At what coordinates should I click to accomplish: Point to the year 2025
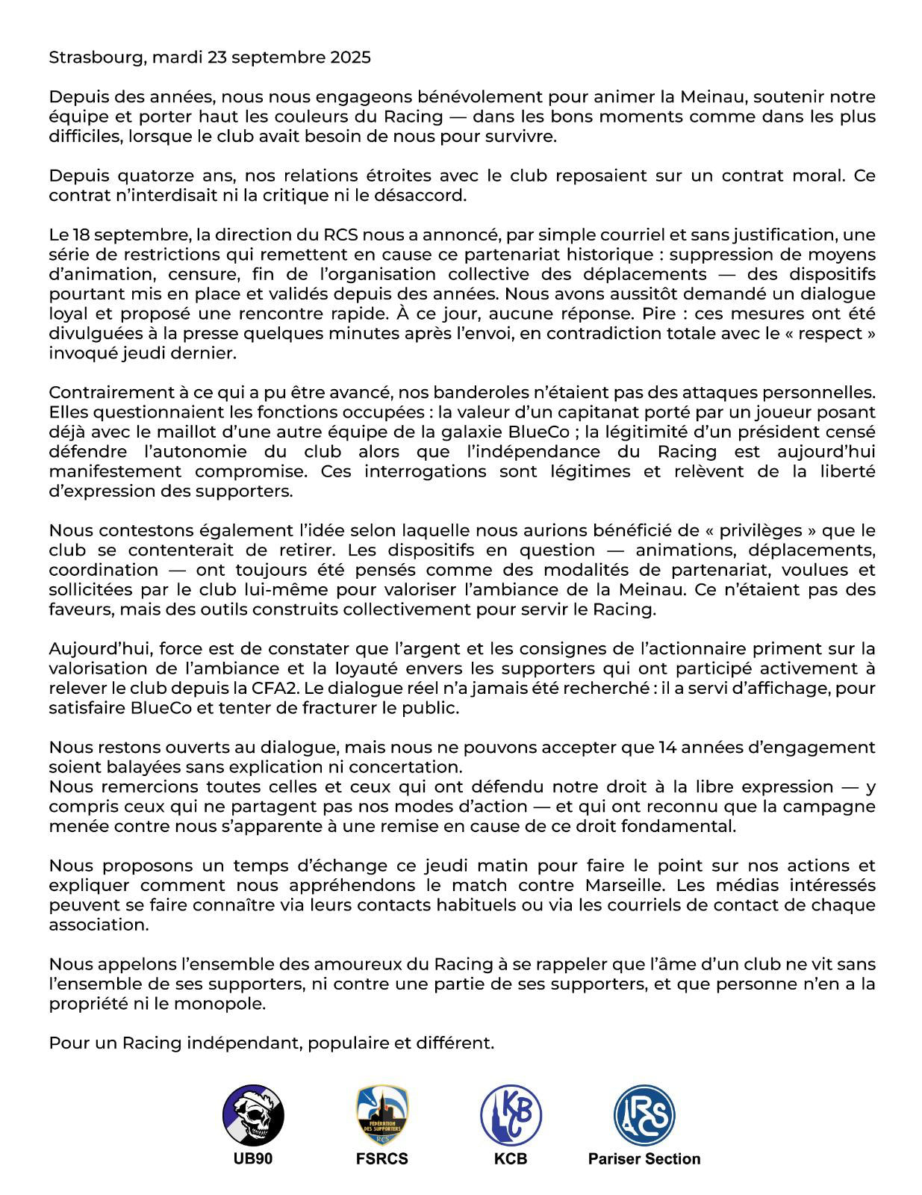(x=350, y=58)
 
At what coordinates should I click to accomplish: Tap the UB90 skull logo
(x=253, y=1115)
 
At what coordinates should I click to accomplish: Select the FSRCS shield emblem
(x=382, y=1115)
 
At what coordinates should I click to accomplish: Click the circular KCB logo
(x=511, y=1115)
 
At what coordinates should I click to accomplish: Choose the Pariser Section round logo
(x=644, y=1115)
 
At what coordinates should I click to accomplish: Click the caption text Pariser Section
(x=644, y=1159)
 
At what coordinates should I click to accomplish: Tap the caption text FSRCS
(x=382, y=1159)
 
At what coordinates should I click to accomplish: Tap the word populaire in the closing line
(x=351, y=1043)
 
